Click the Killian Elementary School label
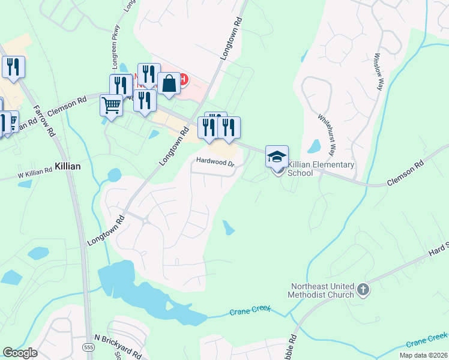(x=321, y=169)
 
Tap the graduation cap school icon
(x=277, y=157)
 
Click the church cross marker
(x=363, y=290)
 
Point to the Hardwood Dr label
(x=214, y=161)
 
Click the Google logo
(x=20, y=353)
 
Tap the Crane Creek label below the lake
(x=250, y=310)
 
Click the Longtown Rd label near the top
(x=231, y=38)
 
